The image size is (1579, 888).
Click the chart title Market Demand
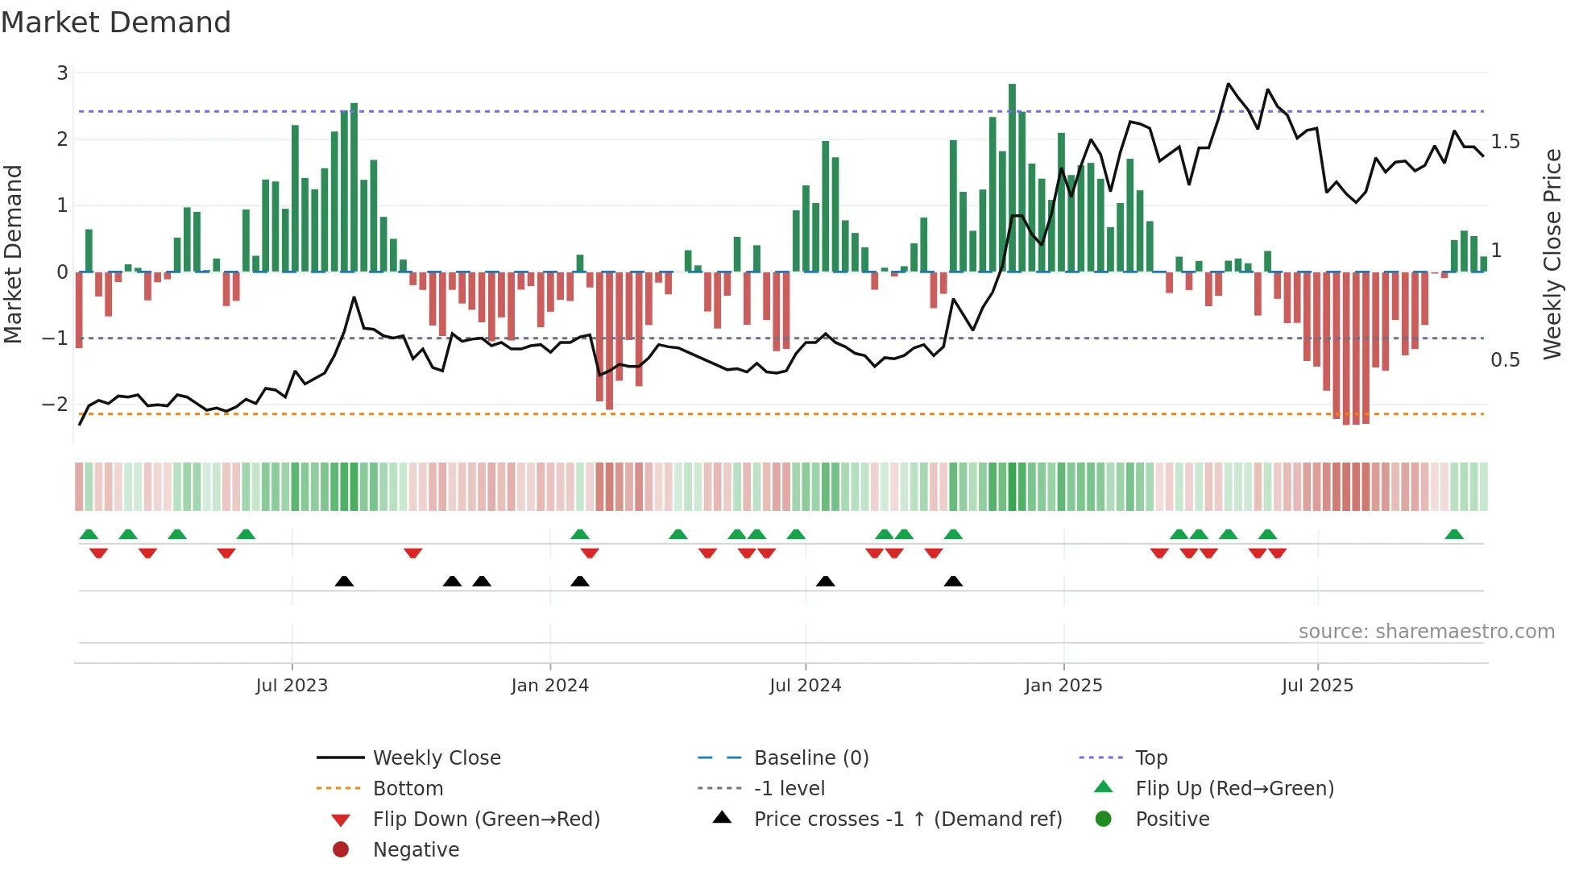(116, 23)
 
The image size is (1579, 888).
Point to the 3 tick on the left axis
(62, 73)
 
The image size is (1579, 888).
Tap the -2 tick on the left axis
(56, 404)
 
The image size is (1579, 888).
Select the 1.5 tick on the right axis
(1505, 142)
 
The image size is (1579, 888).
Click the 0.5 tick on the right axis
(1505, 360)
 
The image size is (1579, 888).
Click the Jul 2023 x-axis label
(292, 686)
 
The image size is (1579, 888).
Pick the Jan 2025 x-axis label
(1063, 686)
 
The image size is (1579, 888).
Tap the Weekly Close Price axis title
(1552, 254)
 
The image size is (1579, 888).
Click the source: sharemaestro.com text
(1426, 632)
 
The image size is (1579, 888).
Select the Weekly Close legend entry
(436, 758)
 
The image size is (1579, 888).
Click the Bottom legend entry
(408, 789)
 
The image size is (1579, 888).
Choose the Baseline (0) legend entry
(810, 758)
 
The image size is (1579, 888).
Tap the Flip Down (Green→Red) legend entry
(486, 820)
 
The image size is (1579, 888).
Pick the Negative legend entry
(416, 850)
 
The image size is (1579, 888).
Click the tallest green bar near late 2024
(1012, 177)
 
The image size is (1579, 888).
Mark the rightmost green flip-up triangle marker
(1454, 534)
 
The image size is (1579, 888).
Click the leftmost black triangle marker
(344, 581)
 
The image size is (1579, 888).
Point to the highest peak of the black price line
(1228, 84)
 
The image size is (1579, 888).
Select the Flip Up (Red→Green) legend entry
(1234, 789)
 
